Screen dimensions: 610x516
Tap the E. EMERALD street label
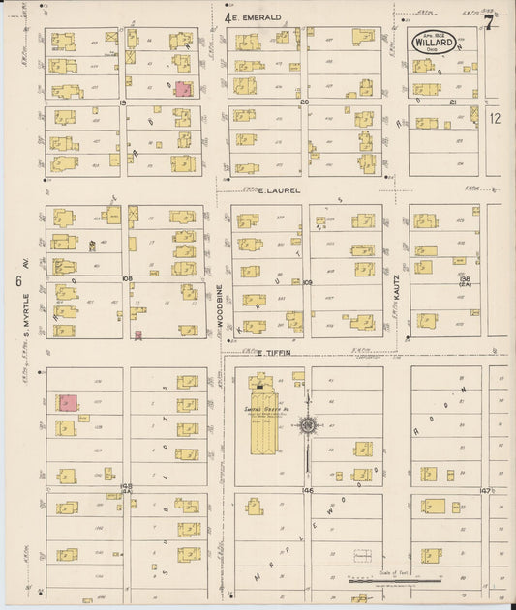click(258, 17)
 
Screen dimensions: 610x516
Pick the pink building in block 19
click(182, 89)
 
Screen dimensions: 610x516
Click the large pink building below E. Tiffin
click(68, 402)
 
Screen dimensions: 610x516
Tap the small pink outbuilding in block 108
click(138, 335)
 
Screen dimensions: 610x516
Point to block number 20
click(304, 101)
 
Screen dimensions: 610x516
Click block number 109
click(307, 282)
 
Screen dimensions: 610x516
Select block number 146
click(308, 490)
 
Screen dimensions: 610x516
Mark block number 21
click(452, 101)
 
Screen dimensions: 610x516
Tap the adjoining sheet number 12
click(496, 118)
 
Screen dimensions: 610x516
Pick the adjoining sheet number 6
click(18, 280)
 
